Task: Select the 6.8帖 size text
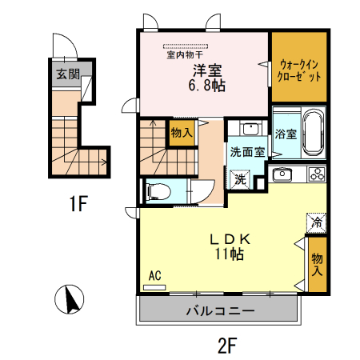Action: [206, 84]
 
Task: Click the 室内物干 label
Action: [186, 55]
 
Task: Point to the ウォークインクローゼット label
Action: [299, 69]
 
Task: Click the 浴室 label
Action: [284, 133]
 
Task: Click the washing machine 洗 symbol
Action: [240, 178]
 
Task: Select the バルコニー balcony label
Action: [220, 310]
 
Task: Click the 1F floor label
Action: [77, 205]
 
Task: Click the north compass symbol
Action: [70, 300]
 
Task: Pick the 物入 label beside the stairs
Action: [182, 133]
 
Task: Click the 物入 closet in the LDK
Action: [317, 265]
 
